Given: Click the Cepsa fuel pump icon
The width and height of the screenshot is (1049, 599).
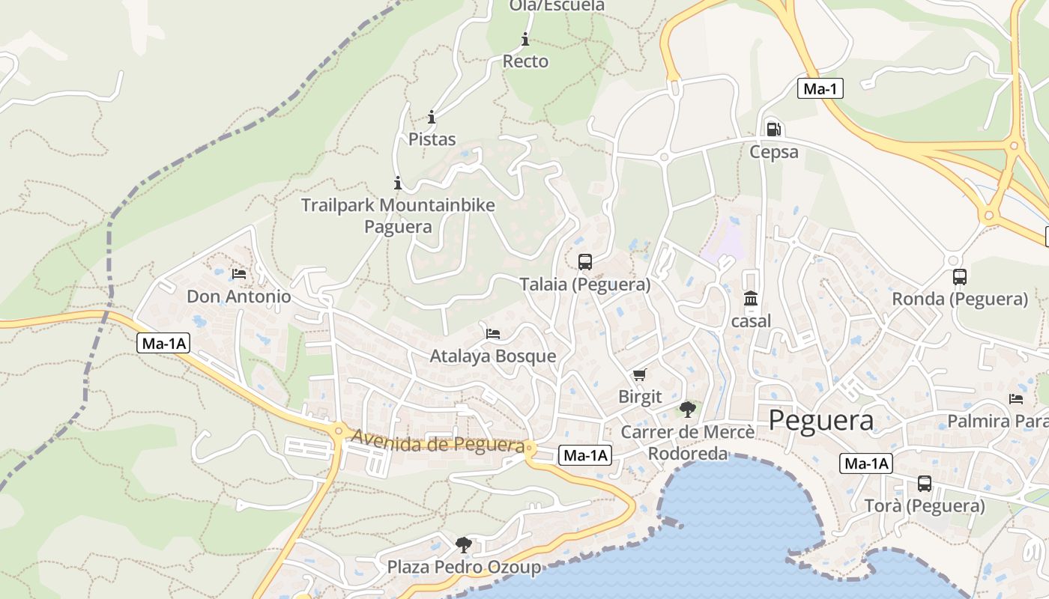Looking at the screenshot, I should (774, 129).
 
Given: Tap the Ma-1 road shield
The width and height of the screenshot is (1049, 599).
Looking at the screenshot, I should (820, 89).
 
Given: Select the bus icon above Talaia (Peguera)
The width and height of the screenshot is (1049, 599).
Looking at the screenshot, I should (585, 262).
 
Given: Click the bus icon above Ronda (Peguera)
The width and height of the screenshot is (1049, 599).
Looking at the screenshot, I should (959, 276).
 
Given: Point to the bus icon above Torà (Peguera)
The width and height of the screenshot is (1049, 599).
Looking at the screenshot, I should (925, 484).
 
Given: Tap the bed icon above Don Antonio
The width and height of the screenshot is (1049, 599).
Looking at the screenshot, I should (239, 274).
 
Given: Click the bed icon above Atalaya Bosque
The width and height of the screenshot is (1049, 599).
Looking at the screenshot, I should (493, 333).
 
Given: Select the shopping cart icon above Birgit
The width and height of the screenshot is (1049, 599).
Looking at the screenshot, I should (639, 374).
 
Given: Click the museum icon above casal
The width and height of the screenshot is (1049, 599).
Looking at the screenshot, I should (750, 299).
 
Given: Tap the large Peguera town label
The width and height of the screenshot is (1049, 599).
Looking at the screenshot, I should (821, 420).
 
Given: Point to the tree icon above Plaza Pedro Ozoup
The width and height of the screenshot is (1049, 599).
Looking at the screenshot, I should (464, 544).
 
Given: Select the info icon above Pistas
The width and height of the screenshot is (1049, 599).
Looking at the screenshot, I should (432, 117).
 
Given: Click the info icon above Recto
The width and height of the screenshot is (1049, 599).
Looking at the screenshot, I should (525, 39).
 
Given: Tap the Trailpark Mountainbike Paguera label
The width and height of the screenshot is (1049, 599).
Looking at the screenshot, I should (398, 215).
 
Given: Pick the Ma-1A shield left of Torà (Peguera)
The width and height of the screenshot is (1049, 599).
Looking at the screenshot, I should (865, 463).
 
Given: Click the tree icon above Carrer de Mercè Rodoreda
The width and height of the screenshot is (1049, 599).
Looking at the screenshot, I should (687, 409).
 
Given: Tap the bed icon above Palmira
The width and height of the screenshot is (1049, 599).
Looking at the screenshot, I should (1016, 398).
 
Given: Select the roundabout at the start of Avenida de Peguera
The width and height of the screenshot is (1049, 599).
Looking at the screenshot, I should (339, 431).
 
